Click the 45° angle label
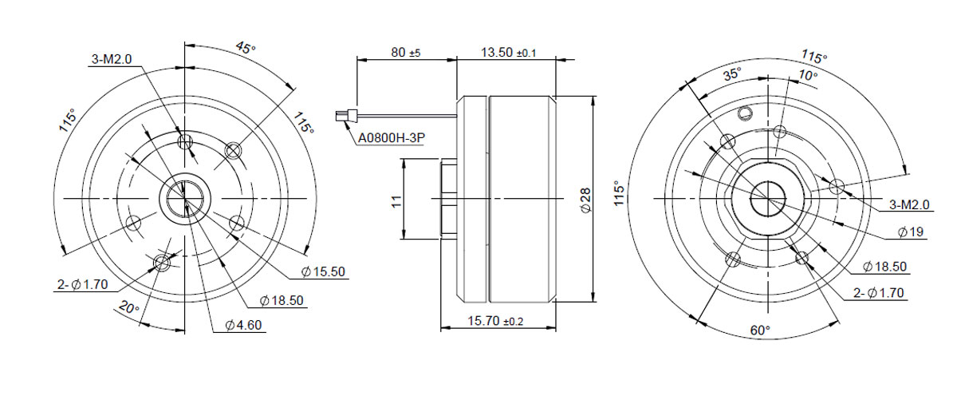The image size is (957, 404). point(246,47)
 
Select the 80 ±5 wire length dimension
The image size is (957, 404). point(406,53)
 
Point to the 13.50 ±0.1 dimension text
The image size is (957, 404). point(509,53)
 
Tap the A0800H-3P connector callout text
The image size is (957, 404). point(392,138)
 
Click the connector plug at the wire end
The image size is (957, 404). point(346,116)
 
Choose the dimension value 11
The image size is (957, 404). point(397,201)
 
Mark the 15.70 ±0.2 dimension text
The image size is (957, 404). point(495,321)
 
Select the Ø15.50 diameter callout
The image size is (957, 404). point(323,271)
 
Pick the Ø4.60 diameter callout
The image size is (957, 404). point(243,325)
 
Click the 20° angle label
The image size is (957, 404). point(129,307)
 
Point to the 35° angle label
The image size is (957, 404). point(732,74)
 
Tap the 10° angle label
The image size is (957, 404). point(807,76)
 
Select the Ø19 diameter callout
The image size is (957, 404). point(911,232)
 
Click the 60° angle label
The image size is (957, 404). point(760,330)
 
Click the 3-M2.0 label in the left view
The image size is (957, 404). point(112,59)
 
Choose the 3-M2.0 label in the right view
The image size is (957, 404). point(909,204)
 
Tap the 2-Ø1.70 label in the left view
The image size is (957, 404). point(82,284)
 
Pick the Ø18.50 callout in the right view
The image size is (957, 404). point(884,267)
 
